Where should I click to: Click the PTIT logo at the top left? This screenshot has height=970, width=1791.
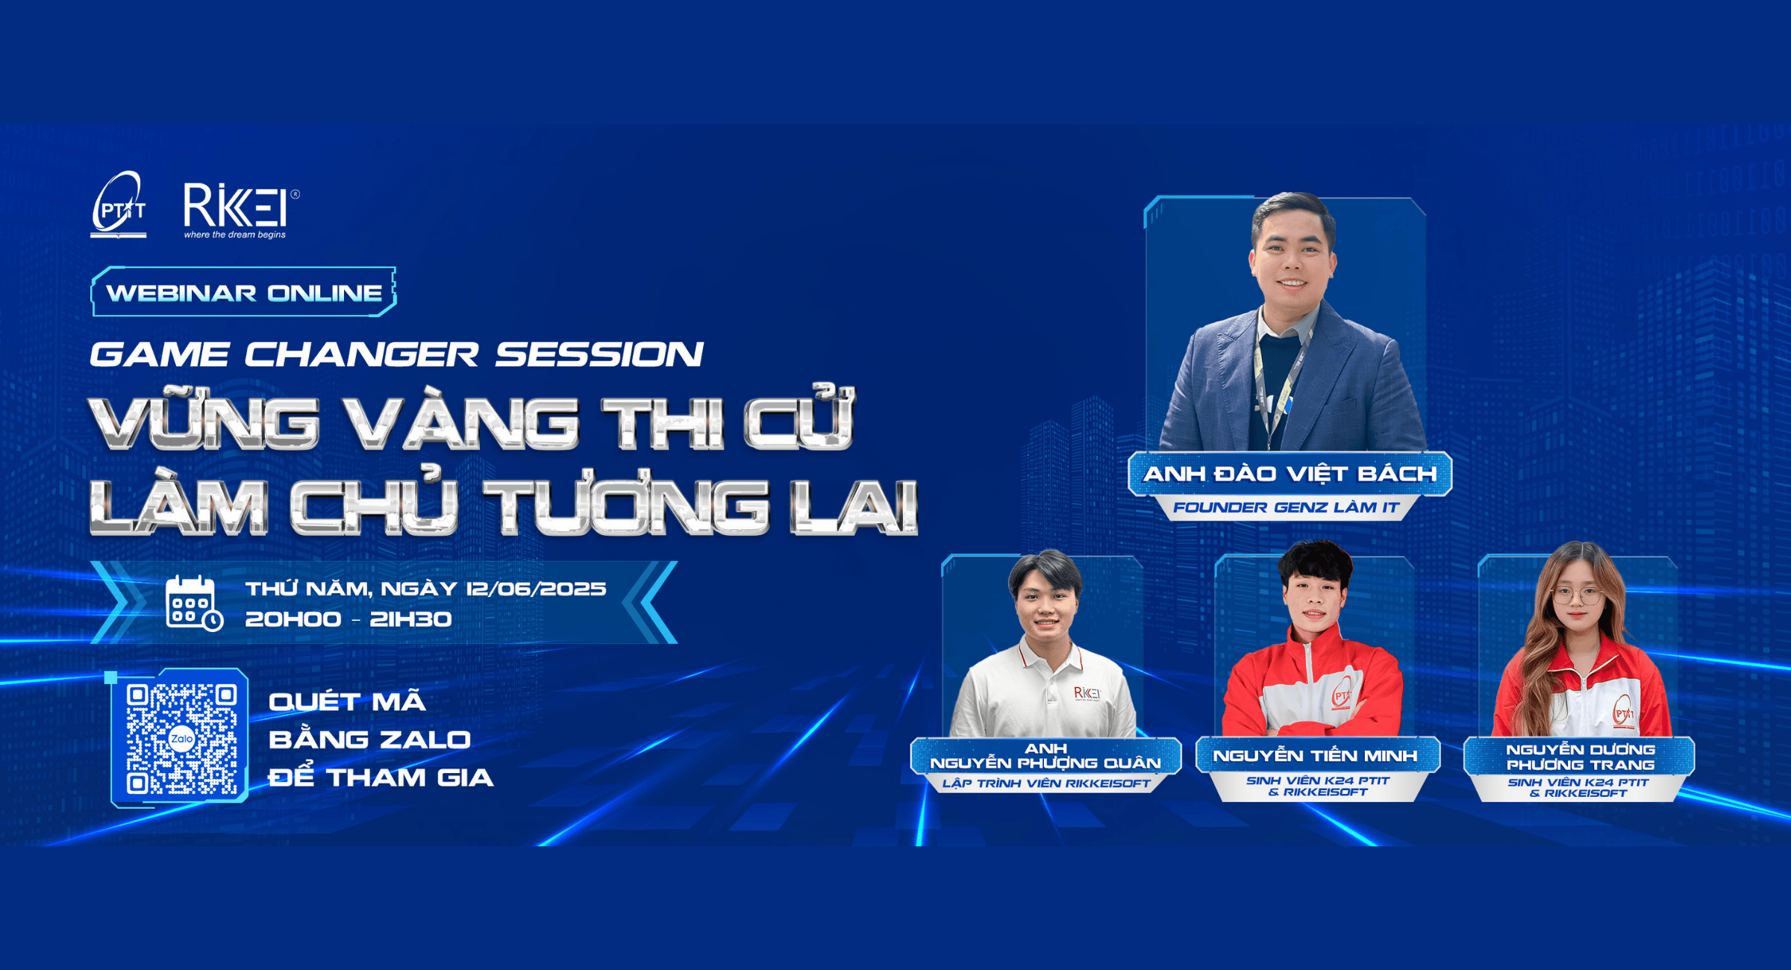coord(119,205)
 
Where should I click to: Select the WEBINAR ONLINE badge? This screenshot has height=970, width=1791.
coord(243,292)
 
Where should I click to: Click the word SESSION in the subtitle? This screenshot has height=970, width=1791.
coord(599,354)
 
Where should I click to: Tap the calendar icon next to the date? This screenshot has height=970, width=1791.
coord(193,603)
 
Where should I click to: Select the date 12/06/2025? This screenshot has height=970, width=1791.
coord(536,589)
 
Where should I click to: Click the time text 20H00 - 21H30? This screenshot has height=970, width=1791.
coord(348,619)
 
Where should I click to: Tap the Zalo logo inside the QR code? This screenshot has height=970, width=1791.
coord(181,739)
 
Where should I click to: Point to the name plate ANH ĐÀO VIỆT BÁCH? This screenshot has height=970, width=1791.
coord(1290,474)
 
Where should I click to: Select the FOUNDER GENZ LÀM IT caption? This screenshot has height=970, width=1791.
coord(1286,508)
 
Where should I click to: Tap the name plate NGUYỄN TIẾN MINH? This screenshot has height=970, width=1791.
coord(1315,756)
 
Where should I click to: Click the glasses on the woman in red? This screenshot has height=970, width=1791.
coord(1578,596)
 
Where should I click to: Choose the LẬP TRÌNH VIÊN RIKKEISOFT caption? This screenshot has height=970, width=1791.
coord(1046,783)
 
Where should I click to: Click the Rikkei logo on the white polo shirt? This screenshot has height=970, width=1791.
coord(1087,693)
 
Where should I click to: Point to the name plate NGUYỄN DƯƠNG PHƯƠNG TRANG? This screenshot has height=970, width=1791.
coord(1580,757)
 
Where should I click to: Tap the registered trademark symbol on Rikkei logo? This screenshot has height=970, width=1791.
coord(295,195)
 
